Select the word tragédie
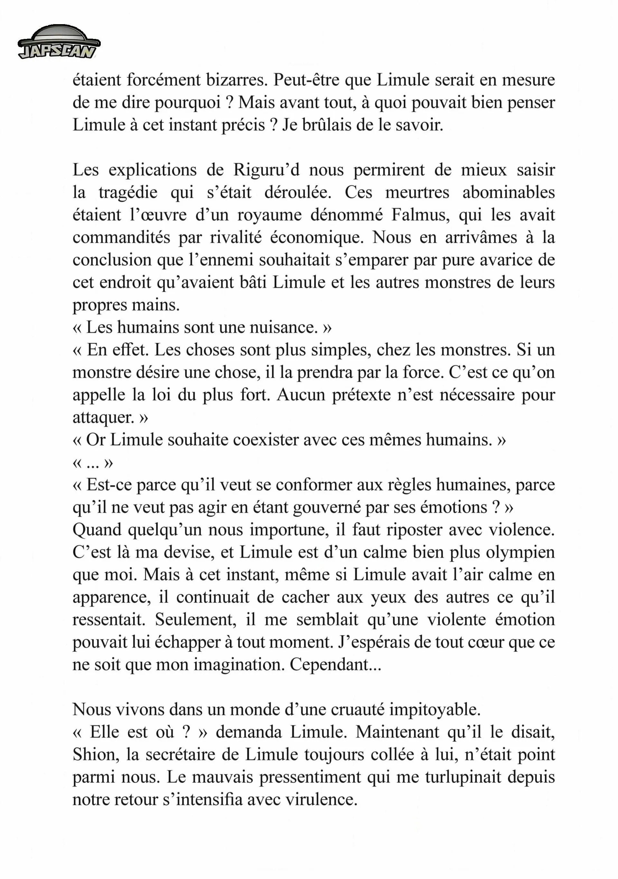coord(128,192)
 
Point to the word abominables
coord(509,192)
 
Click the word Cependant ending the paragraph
coord(335,665)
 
